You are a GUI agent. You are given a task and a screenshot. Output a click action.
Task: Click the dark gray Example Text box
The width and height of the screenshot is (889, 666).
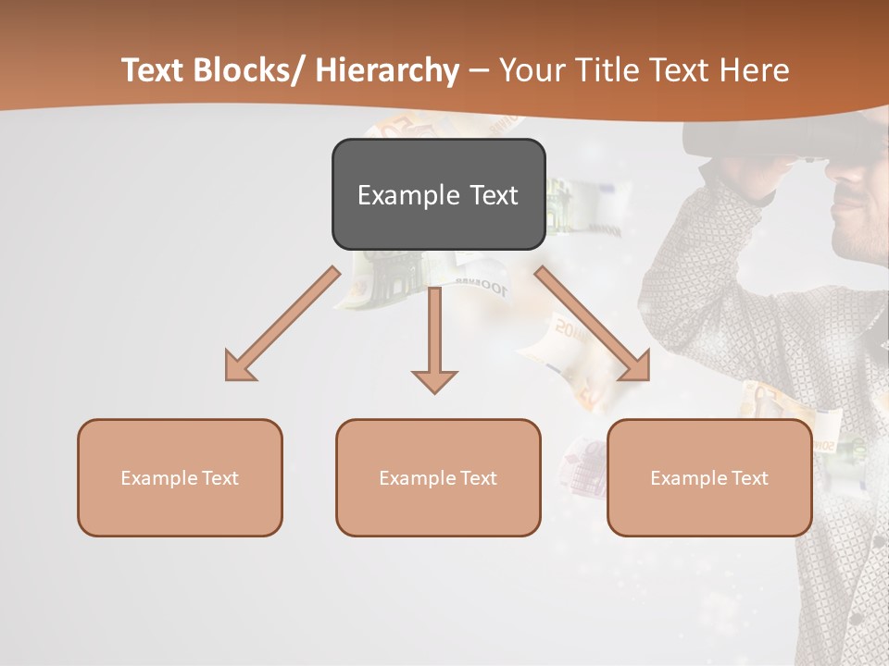tap(438, 194)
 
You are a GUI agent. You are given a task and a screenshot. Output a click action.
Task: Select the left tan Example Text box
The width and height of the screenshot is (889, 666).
tap(180, 477)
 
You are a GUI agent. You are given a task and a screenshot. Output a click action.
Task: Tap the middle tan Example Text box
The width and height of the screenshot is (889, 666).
tap(438, 477)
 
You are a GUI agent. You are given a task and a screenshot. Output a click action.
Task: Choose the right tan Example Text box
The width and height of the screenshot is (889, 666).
tap(709, 477)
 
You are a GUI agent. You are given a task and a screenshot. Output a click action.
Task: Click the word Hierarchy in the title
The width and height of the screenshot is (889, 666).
tap(387, 70)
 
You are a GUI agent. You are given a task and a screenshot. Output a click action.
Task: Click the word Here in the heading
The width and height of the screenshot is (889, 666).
tap(752, 70)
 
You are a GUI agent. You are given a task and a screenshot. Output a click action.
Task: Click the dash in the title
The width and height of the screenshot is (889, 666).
tap(478, 70)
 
